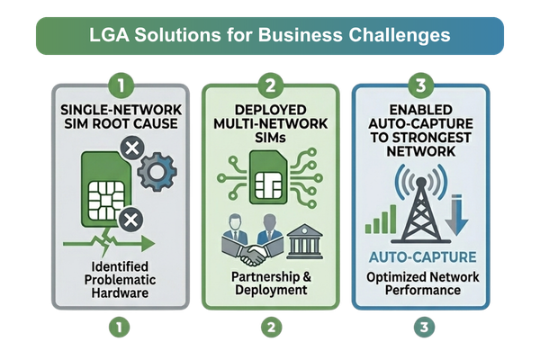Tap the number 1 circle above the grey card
121,85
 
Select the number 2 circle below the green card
272,327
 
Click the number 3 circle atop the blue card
421,85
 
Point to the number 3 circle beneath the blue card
424,327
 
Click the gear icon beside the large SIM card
157,171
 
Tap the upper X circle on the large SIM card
132,148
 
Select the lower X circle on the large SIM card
130,220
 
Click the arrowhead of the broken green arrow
148,244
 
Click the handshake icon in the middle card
254,256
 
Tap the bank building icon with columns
305,241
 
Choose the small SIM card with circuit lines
268,177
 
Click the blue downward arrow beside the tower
456,214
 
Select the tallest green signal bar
393,219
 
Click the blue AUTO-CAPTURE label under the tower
423,257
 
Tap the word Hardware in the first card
120,292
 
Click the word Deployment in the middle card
271,290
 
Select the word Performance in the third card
423,290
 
